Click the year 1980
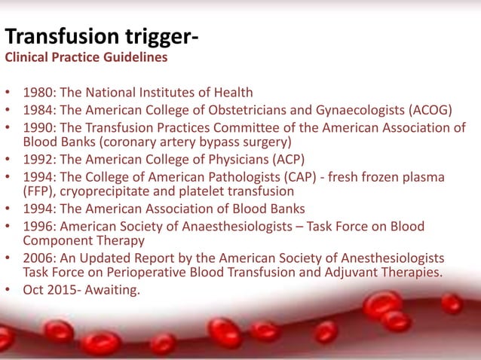(38, 93)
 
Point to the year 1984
(38, 111)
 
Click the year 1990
(38, 127)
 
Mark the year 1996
(38, 226)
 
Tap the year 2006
(38, 258)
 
